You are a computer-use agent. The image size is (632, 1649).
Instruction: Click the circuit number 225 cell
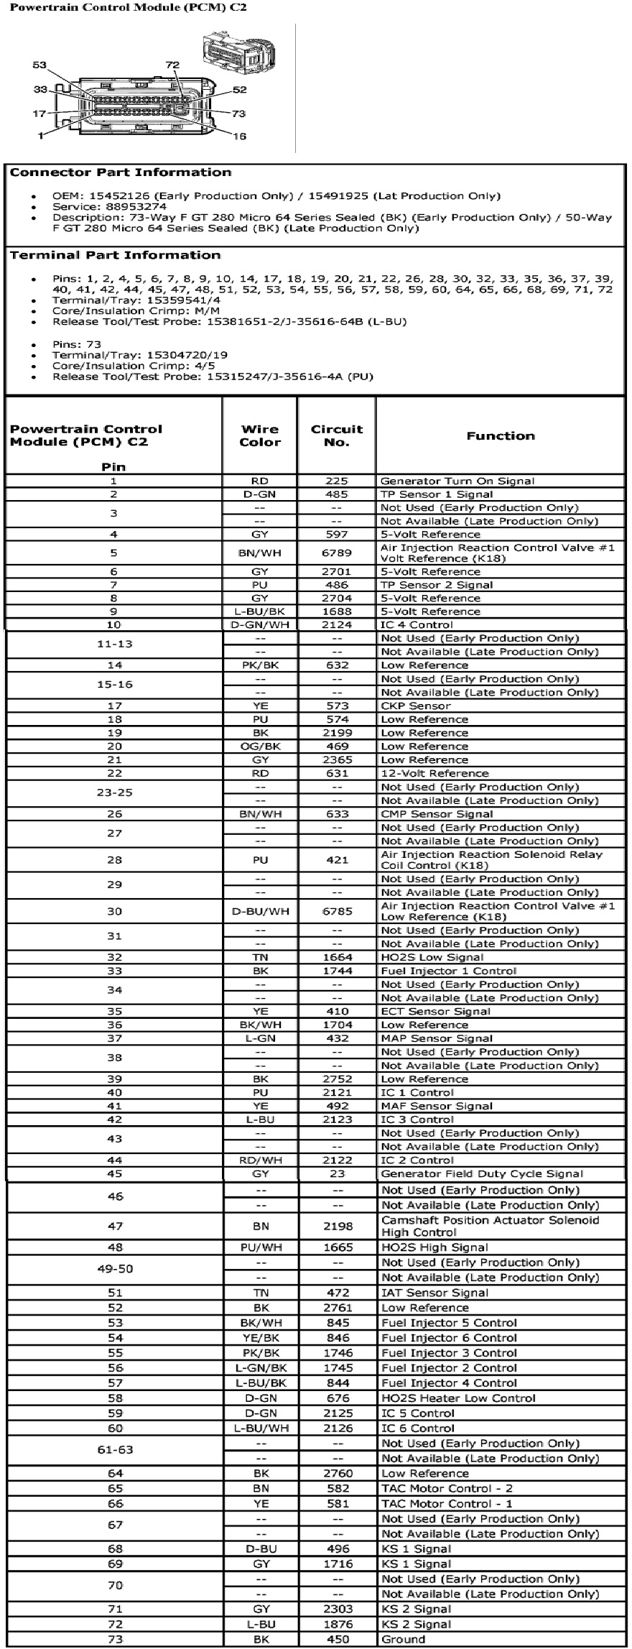[x=336, y=481]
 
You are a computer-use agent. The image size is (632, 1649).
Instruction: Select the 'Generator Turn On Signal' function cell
[x=457, y=481]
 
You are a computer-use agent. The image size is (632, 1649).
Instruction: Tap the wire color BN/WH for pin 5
[x=260, y=553]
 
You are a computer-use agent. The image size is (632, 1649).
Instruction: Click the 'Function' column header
[x=500, y=435]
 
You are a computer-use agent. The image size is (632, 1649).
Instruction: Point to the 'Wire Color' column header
[x=260, y=435]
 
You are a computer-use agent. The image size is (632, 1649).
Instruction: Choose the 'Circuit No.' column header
[x=336, y=435]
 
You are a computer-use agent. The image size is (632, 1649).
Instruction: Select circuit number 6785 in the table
[x=336, y=911]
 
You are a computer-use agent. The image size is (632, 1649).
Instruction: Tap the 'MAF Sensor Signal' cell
[x=436, y=1106]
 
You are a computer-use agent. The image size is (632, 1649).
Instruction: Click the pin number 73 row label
[x=114, y=1639]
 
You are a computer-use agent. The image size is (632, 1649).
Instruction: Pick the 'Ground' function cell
[x=403, y=1639]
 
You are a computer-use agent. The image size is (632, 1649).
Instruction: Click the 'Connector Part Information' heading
[x=120, y=172]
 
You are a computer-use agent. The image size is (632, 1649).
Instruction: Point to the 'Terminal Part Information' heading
[x=115, y=255]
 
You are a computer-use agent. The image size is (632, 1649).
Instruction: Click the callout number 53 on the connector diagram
[x=39, y=65]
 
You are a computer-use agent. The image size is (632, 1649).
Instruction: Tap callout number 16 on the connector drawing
[x=239, y=136]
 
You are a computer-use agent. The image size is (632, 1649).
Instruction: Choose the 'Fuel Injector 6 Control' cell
[x=449, y=1337]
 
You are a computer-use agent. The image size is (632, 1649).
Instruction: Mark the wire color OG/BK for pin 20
[x=260, y=746]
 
